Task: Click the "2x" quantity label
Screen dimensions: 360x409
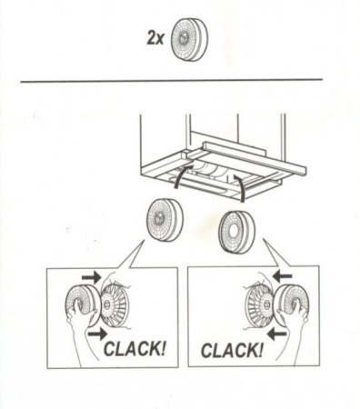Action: click(155, 39)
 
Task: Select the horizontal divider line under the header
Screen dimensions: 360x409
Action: click(172, 81)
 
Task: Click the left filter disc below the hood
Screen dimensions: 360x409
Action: click(165, 219)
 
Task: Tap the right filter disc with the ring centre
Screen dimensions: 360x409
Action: click(237, 232)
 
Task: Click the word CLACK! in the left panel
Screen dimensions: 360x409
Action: click(135, 348)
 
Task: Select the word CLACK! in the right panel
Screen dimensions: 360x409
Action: click(232, 350)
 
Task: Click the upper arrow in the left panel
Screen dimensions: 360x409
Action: click(92, 276)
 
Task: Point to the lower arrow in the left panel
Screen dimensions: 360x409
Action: click(97, 334)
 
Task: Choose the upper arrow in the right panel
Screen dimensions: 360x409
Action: click(282, 276)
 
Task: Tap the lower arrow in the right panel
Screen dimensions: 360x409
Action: click(276, 334)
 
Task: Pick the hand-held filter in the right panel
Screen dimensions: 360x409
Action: click(294, 305)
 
